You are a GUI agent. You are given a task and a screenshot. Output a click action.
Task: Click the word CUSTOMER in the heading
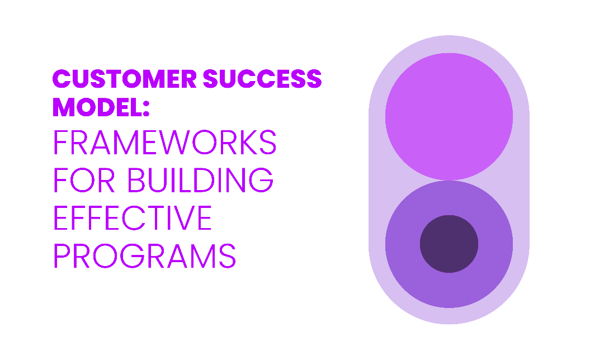coord(124,79)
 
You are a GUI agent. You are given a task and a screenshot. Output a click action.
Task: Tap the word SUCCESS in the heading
coord(262,79)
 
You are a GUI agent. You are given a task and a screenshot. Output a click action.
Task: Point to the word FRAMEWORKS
coord(165,142)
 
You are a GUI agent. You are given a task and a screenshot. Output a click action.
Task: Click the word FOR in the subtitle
coord(84,180)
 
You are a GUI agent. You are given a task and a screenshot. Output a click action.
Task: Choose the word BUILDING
coord(200,180)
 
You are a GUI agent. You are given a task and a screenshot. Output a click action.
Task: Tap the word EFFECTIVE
coord(133,217)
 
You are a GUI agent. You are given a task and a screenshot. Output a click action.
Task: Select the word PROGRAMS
coord(144,255)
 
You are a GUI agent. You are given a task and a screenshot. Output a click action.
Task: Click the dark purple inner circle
coord(449,244)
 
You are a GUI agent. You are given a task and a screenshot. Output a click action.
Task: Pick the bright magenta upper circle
coord(449,116)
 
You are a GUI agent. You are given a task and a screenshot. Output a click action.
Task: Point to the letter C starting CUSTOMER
coord(62,79)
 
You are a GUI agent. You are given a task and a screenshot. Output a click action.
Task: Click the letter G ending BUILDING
coord(261,180)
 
